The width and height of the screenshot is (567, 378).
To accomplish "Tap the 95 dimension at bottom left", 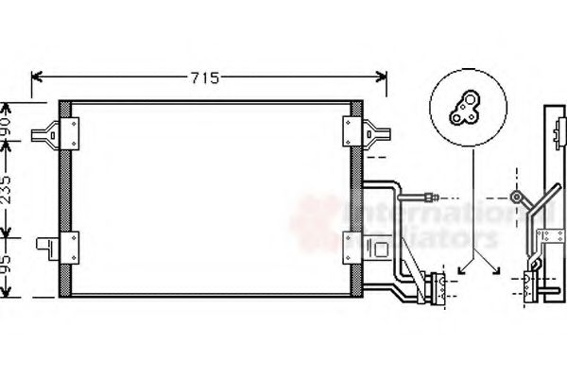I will (8, 269).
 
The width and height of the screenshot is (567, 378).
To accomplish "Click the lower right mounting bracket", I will (356, 249).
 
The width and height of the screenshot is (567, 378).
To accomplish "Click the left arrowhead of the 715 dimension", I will (37, 77).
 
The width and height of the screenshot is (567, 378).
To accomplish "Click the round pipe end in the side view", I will (516, 198).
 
